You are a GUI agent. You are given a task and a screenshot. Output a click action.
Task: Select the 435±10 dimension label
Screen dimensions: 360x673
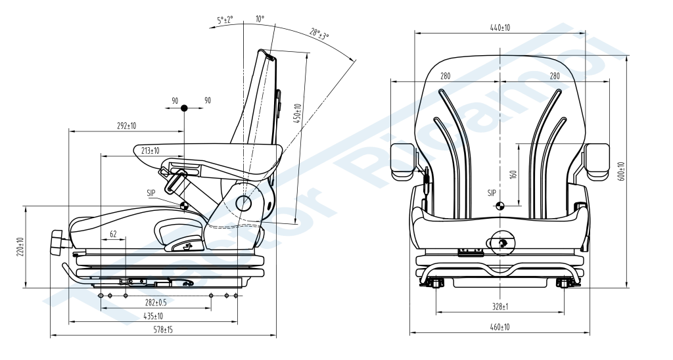tap(154, 316)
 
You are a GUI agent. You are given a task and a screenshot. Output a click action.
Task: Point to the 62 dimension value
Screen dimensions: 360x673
tap(113, 234)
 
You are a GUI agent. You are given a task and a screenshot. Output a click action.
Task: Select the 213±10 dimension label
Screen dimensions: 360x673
tap(151, 150)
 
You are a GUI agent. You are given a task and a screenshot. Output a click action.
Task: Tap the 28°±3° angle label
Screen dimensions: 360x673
tap(319, 33)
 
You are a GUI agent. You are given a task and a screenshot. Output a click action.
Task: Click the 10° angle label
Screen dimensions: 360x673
tap(260, 19)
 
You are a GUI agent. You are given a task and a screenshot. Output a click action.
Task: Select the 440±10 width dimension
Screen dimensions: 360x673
tap(500, 27)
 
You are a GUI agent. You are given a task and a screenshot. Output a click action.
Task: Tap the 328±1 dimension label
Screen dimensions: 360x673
tap(501, 307)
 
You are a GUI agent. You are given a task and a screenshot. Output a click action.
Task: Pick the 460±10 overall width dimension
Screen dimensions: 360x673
tap(501, 326)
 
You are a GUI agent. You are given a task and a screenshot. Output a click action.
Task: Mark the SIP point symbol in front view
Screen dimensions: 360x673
tap(500, 206)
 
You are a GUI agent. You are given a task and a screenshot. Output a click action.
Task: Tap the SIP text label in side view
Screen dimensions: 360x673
tap(152, 193)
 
